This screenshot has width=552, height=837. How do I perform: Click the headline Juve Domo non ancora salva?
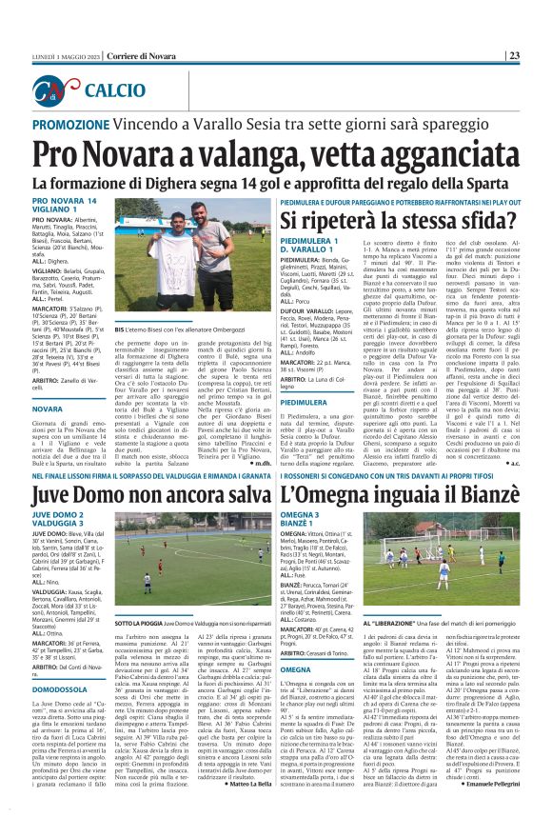point(151,493)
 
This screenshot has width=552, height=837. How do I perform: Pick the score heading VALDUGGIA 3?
point(59,524)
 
